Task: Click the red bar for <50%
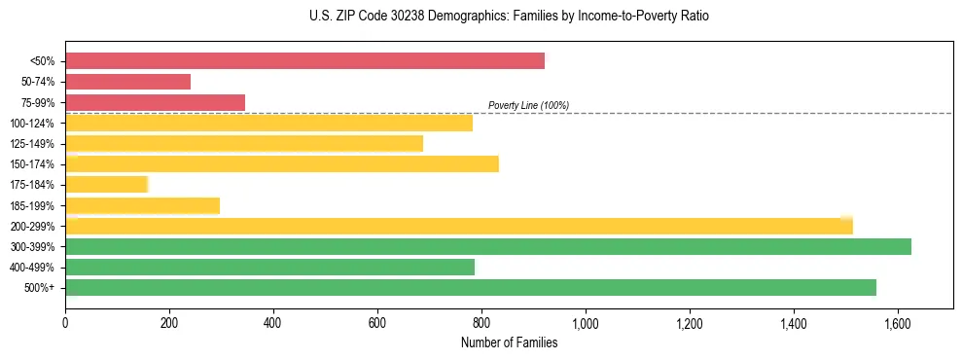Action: (x=304, y=60)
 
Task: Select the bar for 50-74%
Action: (x=127, y=82)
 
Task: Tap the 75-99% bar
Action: (x=155, y=102)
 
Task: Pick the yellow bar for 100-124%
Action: (x=268, y=123)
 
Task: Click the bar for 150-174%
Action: (x=282, y=163)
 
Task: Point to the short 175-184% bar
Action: (x=106, y=184)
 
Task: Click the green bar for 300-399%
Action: (x=487, y=246)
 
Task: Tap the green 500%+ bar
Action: (x=470, y=287)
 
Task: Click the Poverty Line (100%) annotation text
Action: (x=528, y=105)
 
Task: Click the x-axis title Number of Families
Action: (x=509, y=342)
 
